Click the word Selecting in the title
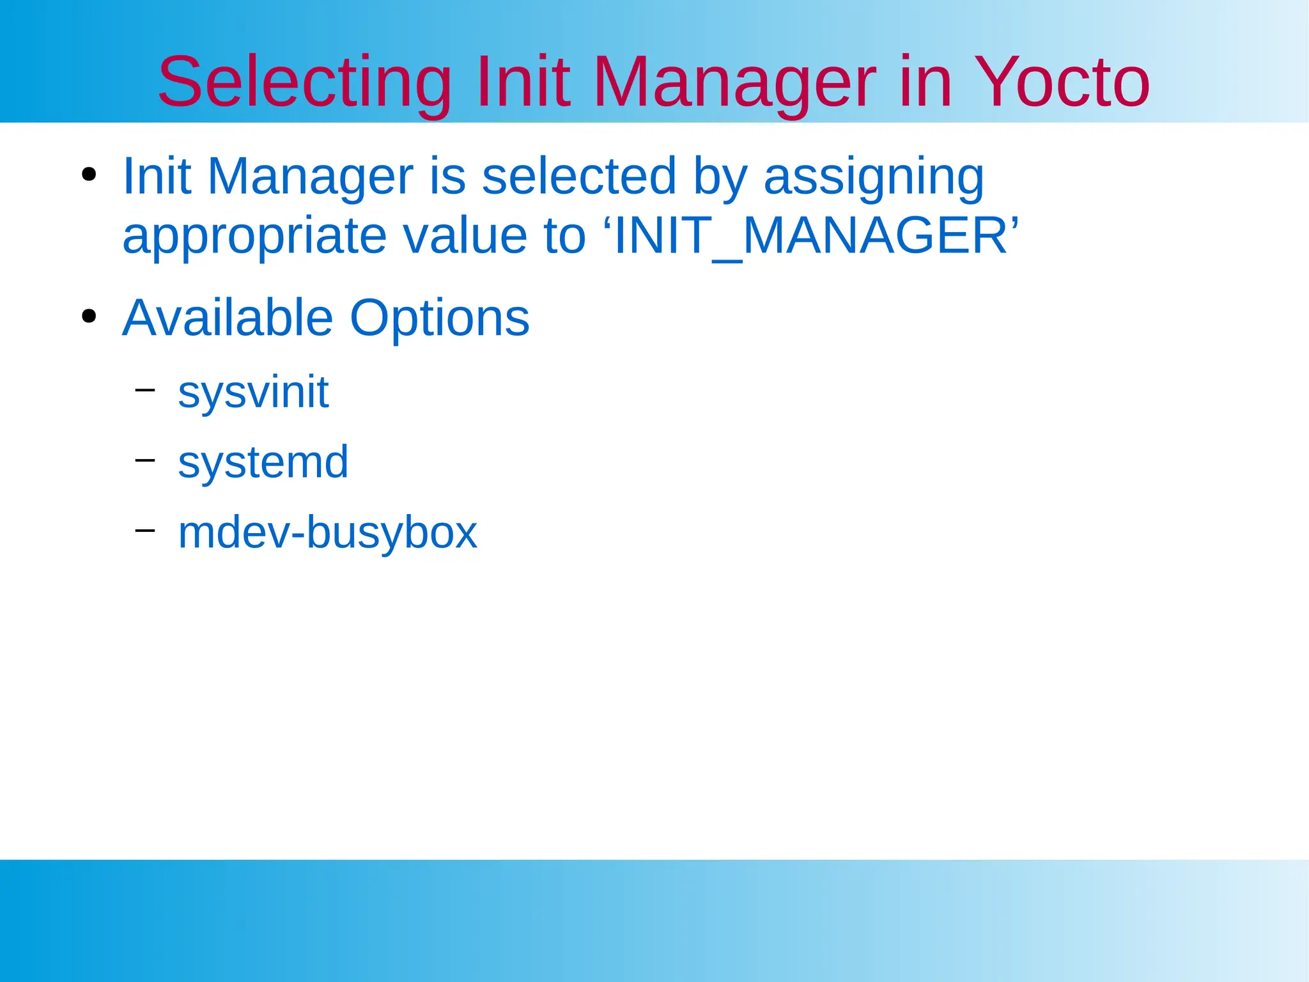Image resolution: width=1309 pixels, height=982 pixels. pos(304,83)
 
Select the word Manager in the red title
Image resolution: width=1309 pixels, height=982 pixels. pos(734,83)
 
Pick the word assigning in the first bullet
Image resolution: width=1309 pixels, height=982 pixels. pos(874,177)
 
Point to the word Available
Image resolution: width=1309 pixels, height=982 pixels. pos(228,318)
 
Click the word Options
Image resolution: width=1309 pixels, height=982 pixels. pos(440,319)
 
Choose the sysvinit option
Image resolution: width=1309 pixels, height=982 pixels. pos(253,392)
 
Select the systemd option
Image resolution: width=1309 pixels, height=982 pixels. pos(263,462)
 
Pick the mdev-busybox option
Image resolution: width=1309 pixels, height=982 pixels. pos(327,532)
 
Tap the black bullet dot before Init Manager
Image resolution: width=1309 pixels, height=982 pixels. pos(89,174)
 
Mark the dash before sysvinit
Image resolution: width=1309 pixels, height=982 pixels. pos(145,389)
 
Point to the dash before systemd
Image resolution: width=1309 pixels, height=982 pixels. pos(145,459)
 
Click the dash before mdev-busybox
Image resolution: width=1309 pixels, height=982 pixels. pos(145,529)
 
